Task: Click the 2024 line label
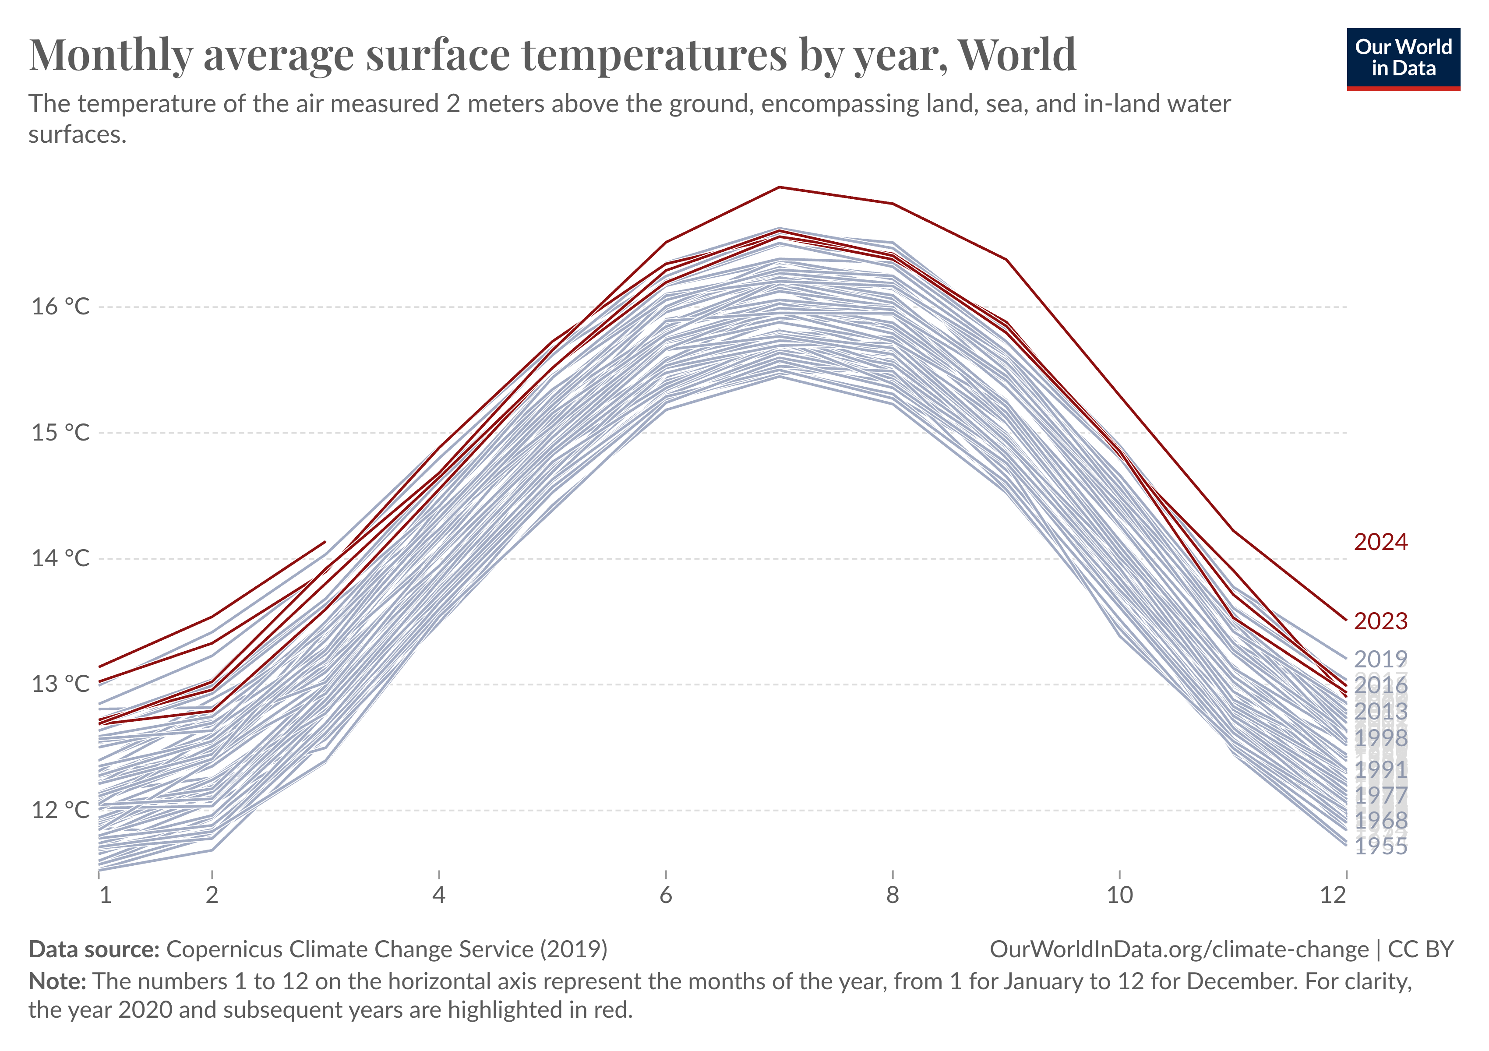pos(1381,542)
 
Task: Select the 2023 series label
pos(1381,621)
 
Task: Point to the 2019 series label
pos(1381,660)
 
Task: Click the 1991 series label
pos(1381,769)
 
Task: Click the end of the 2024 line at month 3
pos(325,541)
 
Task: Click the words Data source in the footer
pos(94,949)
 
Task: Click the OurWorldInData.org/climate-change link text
pos(1178,949)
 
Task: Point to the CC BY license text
pos(1420,949)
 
